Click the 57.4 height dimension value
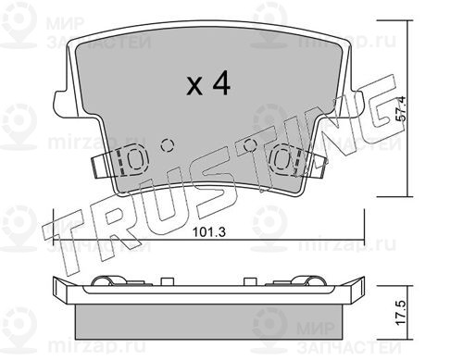tap(402, 108)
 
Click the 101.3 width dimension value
tap(209, 231)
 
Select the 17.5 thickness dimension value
tap(402, 313)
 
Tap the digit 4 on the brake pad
tap(220, 82)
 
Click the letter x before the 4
tap(194, 86)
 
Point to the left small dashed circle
tap(168, 144)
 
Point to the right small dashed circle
tap(250, 144)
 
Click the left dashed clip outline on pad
tap(132, 161)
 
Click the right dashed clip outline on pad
tap(284, 161)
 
